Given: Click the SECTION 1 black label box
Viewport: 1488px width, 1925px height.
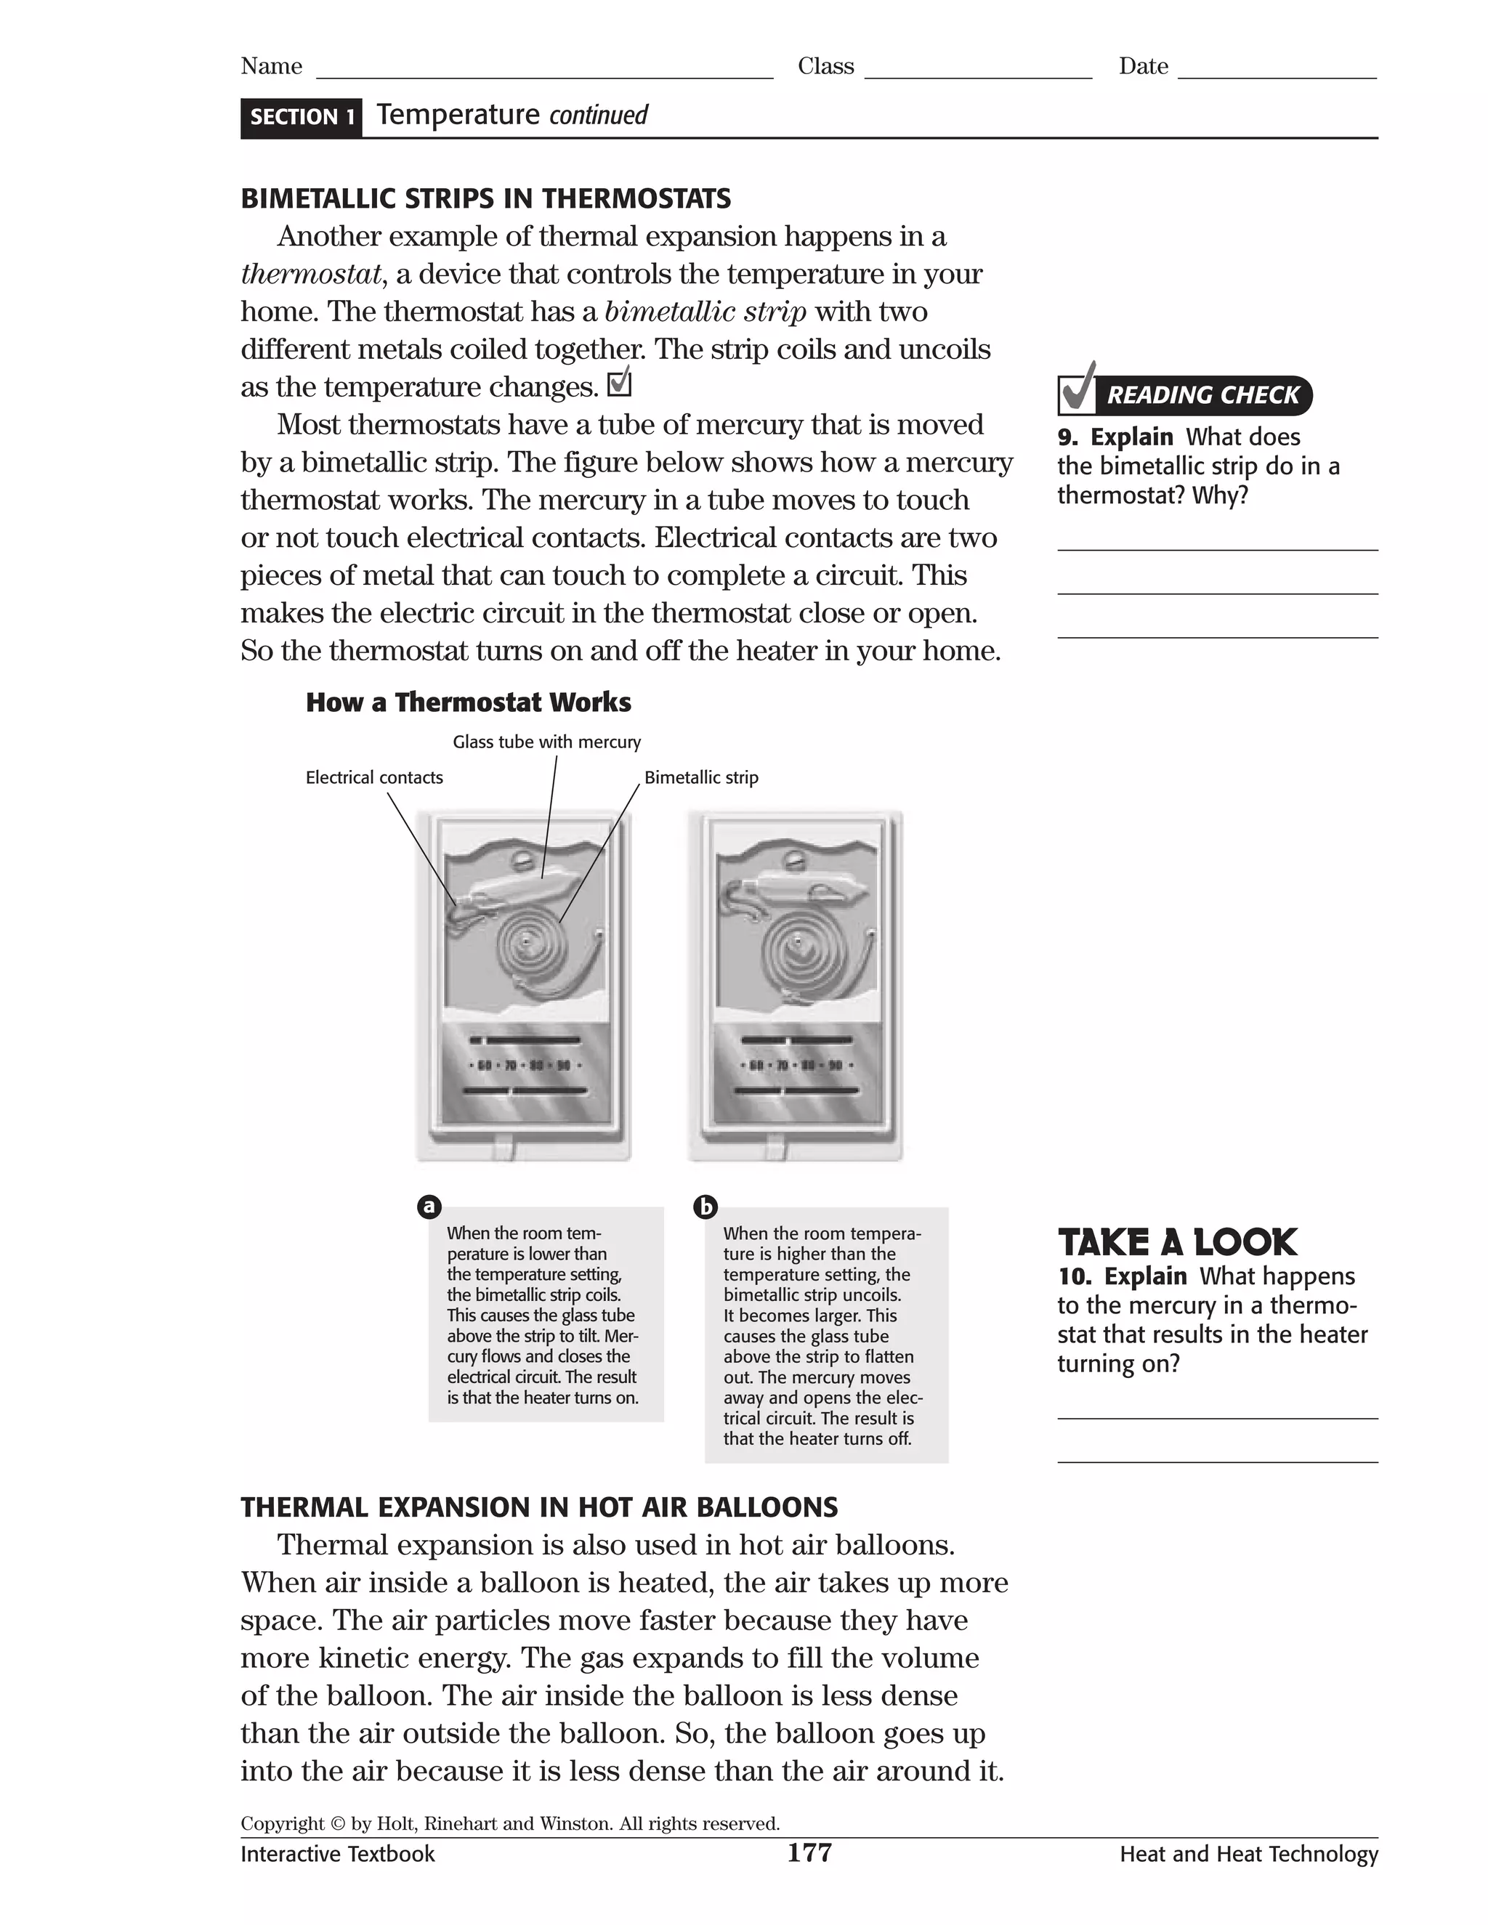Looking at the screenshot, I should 301,117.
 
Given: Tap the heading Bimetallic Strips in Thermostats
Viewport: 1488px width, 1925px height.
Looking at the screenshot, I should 486,198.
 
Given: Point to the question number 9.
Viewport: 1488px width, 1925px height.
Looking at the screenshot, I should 1067,437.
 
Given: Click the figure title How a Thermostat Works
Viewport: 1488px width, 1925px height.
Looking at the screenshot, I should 468,702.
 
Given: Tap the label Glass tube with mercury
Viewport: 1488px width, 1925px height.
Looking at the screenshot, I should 546,742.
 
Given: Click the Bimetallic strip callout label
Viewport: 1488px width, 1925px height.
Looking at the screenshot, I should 701,777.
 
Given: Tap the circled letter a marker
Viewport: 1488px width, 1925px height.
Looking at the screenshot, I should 429,1207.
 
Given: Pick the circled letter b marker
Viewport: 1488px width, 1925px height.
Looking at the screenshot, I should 705,1207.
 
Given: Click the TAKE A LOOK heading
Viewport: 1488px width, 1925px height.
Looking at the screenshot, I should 1177,1243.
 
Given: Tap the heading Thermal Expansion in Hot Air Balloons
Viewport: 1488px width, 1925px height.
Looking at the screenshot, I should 538,1507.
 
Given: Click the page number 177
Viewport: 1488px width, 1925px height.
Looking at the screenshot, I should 809,1853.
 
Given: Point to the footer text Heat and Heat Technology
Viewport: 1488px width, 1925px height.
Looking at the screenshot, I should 1248,1855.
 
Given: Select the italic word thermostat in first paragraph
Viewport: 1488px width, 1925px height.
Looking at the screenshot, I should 311,274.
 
